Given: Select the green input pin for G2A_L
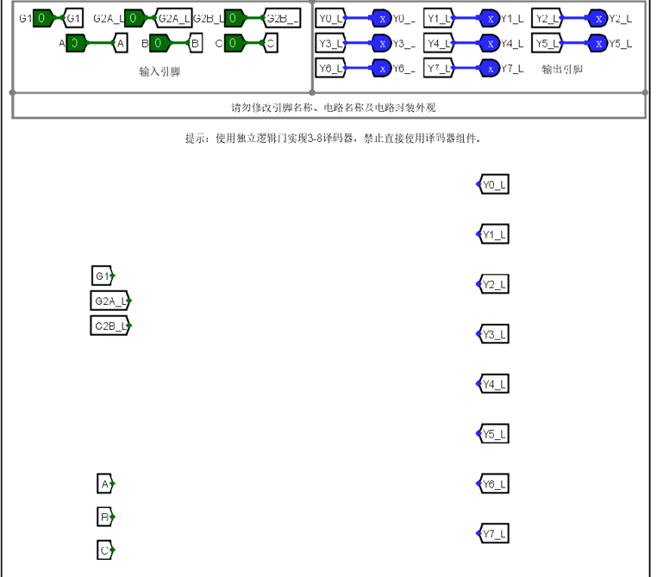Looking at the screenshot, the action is tap(135, 18).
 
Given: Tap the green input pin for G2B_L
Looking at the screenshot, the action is tap(235, 18).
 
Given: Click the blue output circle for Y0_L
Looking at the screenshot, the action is tap(382, 18).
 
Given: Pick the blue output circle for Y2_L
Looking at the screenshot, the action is tap(598, 18).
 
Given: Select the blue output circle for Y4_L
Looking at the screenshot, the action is tap(490, 42).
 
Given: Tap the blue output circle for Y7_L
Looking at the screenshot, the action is tap(490, 68).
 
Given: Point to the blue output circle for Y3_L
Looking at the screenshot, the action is tap(382, 42).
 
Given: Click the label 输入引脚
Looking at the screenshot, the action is tap(160, 72).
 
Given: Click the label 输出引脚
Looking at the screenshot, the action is tap(562, 68).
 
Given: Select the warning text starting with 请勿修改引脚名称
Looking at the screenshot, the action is tap(328, 107).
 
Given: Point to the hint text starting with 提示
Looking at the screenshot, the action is tap(332, 138).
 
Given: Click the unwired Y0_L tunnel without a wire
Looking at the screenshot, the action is tap(493, 184).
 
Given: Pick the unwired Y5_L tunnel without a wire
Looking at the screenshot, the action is tap(493, 433).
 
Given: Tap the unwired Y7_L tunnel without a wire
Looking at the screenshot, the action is tap(493, 534).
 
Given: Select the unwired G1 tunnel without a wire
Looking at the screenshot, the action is tap(103, 276).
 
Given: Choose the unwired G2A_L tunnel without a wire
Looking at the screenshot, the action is tap(109, 301).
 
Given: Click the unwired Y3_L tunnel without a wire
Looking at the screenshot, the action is tap(493, 333).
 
